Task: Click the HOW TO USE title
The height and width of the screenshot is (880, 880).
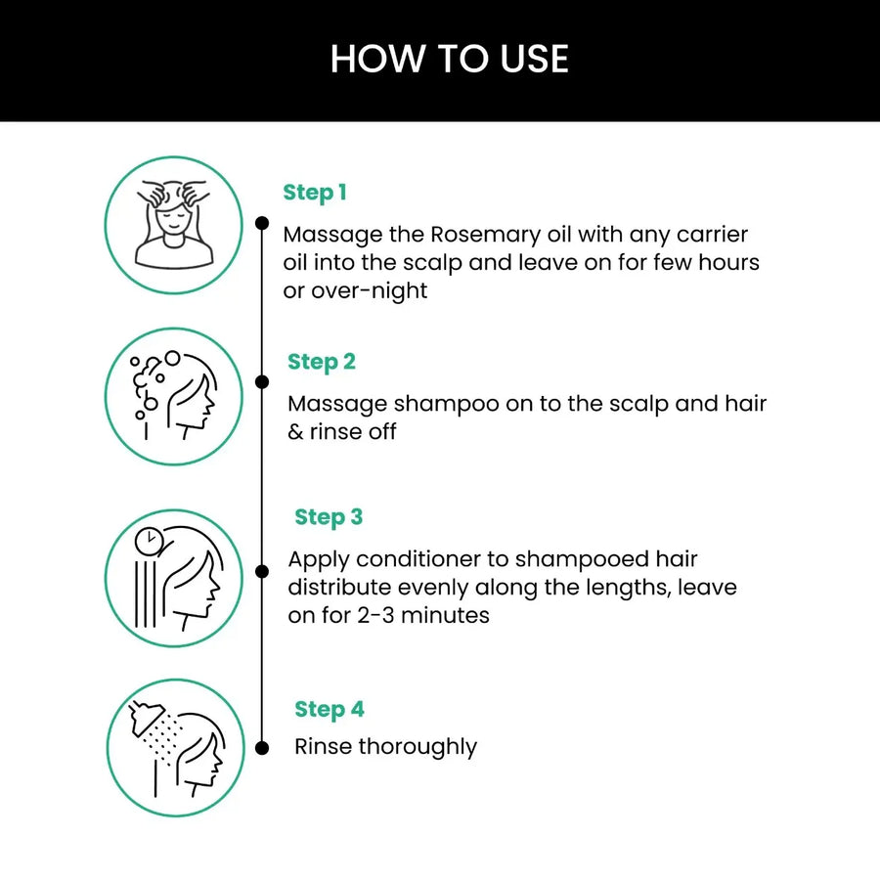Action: (449, 59)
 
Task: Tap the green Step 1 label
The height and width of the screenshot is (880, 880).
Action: (315, 193)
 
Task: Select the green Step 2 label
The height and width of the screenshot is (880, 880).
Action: (322, 362)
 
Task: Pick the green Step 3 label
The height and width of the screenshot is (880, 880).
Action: (329, 517)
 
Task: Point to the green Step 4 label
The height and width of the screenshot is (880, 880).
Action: (330, 709)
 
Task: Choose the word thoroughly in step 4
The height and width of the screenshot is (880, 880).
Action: (418, 747)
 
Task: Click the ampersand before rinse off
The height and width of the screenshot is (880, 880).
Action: (296, 432)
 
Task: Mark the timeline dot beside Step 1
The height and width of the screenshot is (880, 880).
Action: (261, 223)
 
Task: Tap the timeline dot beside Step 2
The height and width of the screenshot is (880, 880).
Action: (261, 381)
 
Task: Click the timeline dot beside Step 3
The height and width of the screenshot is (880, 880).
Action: (261, 570)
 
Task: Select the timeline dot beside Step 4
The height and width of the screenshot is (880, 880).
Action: (261, 748)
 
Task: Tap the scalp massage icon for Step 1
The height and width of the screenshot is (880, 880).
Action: (173, 225)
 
